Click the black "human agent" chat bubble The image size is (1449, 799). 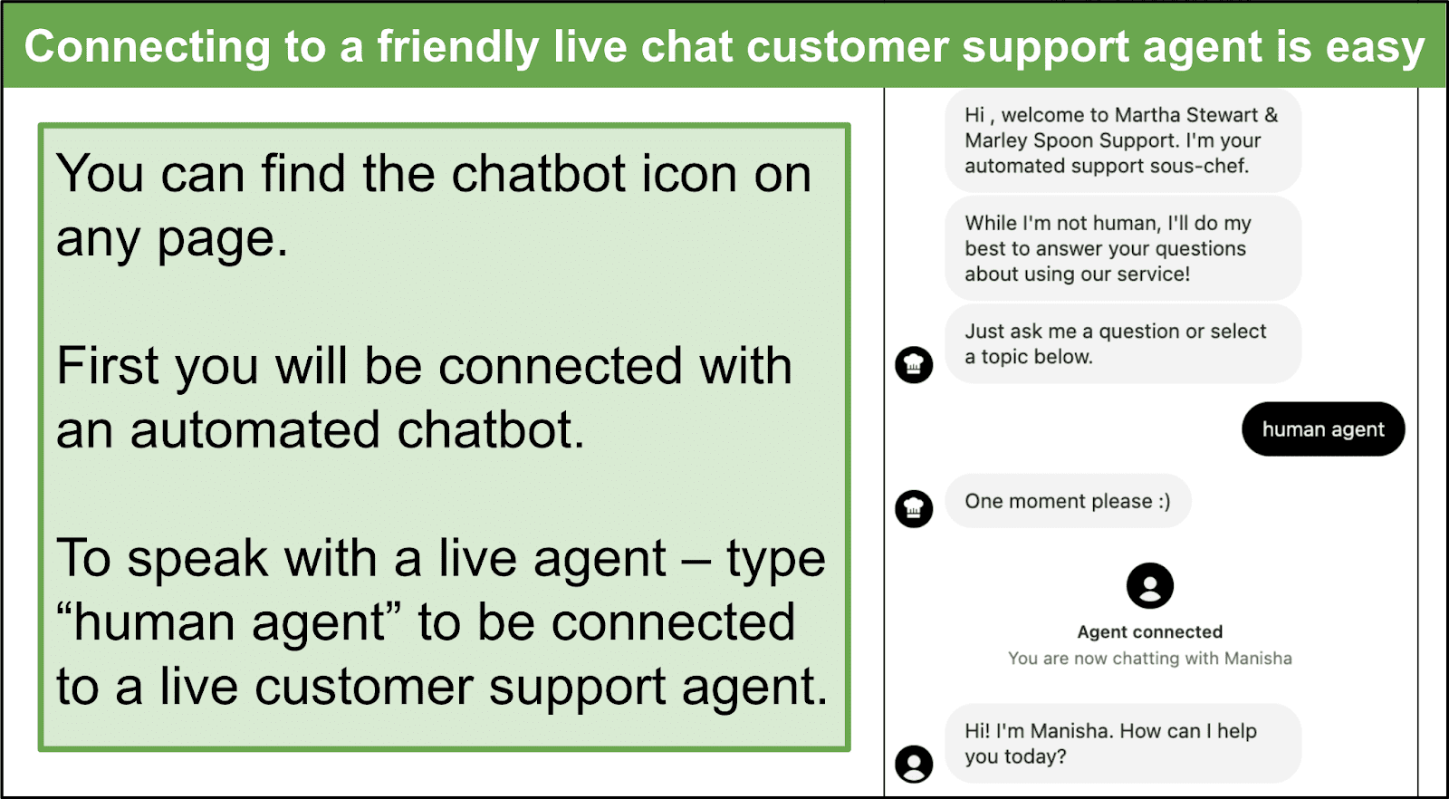tap(1323, 428)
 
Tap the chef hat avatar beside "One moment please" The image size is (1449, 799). tap(914, 508)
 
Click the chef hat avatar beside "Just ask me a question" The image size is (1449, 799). tap(914, 365)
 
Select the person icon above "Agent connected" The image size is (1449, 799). tap(1149, 585)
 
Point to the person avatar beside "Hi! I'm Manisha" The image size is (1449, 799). tap(914, 764)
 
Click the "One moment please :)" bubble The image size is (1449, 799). tap(1068, 501)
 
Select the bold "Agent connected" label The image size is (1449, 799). tap(1149, 632)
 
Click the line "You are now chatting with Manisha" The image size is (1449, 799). tap(1149, 659)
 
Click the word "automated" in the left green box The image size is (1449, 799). tap(254, 430)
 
